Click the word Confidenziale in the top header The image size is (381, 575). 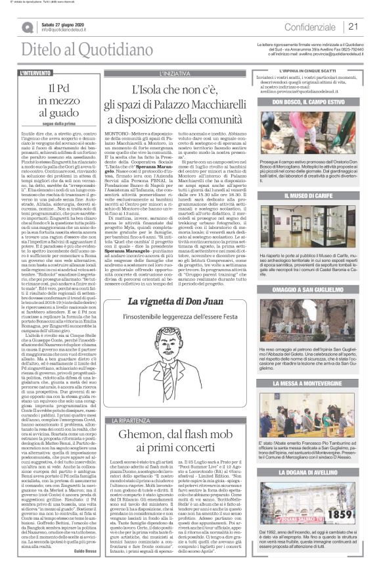pyautogui.click(x=311, y=27)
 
